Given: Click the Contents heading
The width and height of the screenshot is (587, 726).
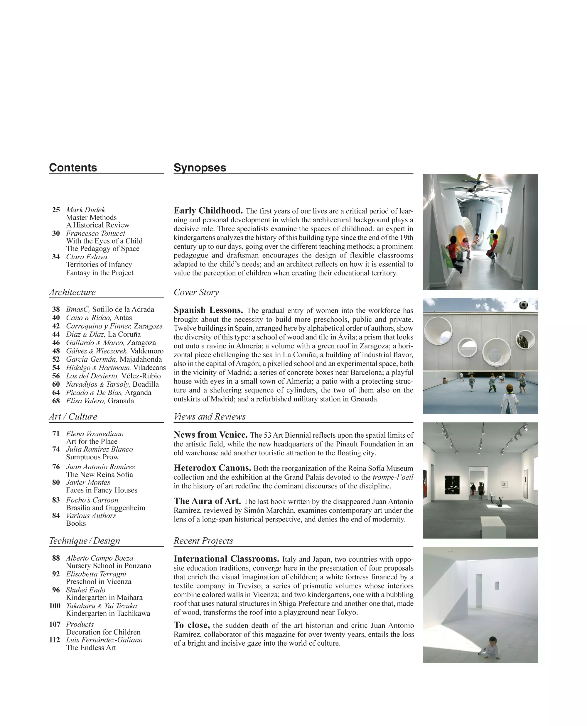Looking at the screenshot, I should click(x=73, y=168).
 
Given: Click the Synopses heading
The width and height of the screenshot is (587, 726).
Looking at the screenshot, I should click(x=200, y=168).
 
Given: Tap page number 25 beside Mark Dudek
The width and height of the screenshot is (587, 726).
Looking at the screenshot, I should click(x=56, y=210).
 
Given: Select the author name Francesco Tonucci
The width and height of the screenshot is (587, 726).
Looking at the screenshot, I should click(x=95, y=233).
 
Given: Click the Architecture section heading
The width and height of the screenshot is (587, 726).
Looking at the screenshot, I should click(x=72, y=292).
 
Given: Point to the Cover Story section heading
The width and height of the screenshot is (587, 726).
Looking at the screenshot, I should click(x=196, y=292).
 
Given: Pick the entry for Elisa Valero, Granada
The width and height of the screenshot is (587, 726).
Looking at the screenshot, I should click(x=100, y=401).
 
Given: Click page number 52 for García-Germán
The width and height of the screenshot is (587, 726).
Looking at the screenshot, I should click(x=56, y=359).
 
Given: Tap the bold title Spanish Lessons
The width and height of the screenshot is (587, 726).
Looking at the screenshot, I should click(x=208, y=310).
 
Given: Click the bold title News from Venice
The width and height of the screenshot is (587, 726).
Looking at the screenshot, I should click(x=211, y=435).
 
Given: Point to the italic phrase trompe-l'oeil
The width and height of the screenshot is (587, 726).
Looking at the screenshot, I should click(x=393, y=477).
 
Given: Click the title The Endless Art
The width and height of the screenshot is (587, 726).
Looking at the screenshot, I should click(x=91, y=648).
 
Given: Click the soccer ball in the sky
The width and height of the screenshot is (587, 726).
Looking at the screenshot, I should click(x=523, y=305).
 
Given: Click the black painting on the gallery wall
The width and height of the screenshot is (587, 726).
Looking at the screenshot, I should click(x=452, y=485).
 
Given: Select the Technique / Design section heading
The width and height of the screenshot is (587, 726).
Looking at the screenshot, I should click(x=85, y=541).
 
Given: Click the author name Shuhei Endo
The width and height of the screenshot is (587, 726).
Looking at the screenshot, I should click(x=85, y=590).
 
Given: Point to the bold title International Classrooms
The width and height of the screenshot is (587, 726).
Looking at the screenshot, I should click(x=226, y=559).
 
